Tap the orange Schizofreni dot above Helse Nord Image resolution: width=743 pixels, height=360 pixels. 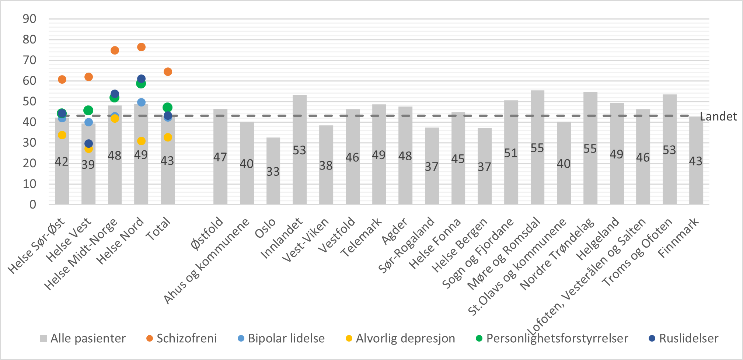click(x=141, y=47)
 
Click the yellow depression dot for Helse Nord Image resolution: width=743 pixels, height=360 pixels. click(x=141, y=141)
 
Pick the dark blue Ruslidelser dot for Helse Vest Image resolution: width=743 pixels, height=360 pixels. click(x=88, y=143)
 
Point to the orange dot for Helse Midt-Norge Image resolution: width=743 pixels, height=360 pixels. click(x=115, y=50)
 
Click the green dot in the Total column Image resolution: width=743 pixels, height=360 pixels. click(x=168, y=108)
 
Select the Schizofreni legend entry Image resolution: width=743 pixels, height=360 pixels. click(x=182, y=338)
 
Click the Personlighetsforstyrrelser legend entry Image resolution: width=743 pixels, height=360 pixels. click(x=552, y=338)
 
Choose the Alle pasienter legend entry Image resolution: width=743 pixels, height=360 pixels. click(x=83, y=338)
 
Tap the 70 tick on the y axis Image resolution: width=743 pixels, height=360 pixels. click(x=29, y=60)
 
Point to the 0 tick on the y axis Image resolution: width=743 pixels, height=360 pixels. click(x=33, y=205)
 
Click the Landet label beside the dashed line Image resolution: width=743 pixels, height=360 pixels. click(x=718, y=116)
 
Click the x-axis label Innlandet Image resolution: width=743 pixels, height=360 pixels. click(x=282, y=238)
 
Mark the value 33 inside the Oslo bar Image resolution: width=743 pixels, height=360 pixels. click(x=273, y=172)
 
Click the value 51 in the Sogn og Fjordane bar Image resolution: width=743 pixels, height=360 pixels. click(x=511, y=153)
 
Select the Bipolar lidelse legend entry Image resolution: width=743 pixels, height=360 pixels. click(x=282, y=338)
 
